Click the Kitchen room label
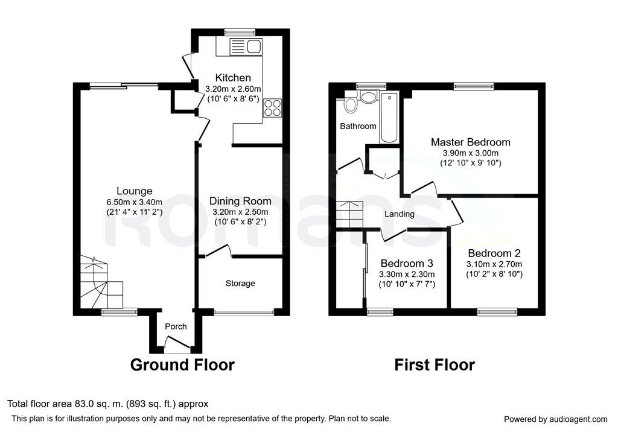pos(234,78)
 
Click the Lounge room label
pos(134,191)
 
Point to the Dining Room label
pos(240,201)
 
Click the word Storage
pos(240,283)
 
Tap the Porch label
pos(176,326)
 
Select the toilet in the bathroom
pos(351,104)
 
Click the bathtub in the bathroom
pos(389,118)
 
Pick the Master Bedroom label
pos(470,142)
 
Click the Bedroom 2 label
pos(494,253)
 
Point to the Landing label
pos(400,214)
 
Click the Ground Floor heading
pos(182,364)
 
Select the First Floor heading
pos(435,364)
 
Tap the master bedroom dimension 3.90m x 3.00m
pos(470,153)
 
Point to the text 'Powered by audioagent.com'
pos(555,419)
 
